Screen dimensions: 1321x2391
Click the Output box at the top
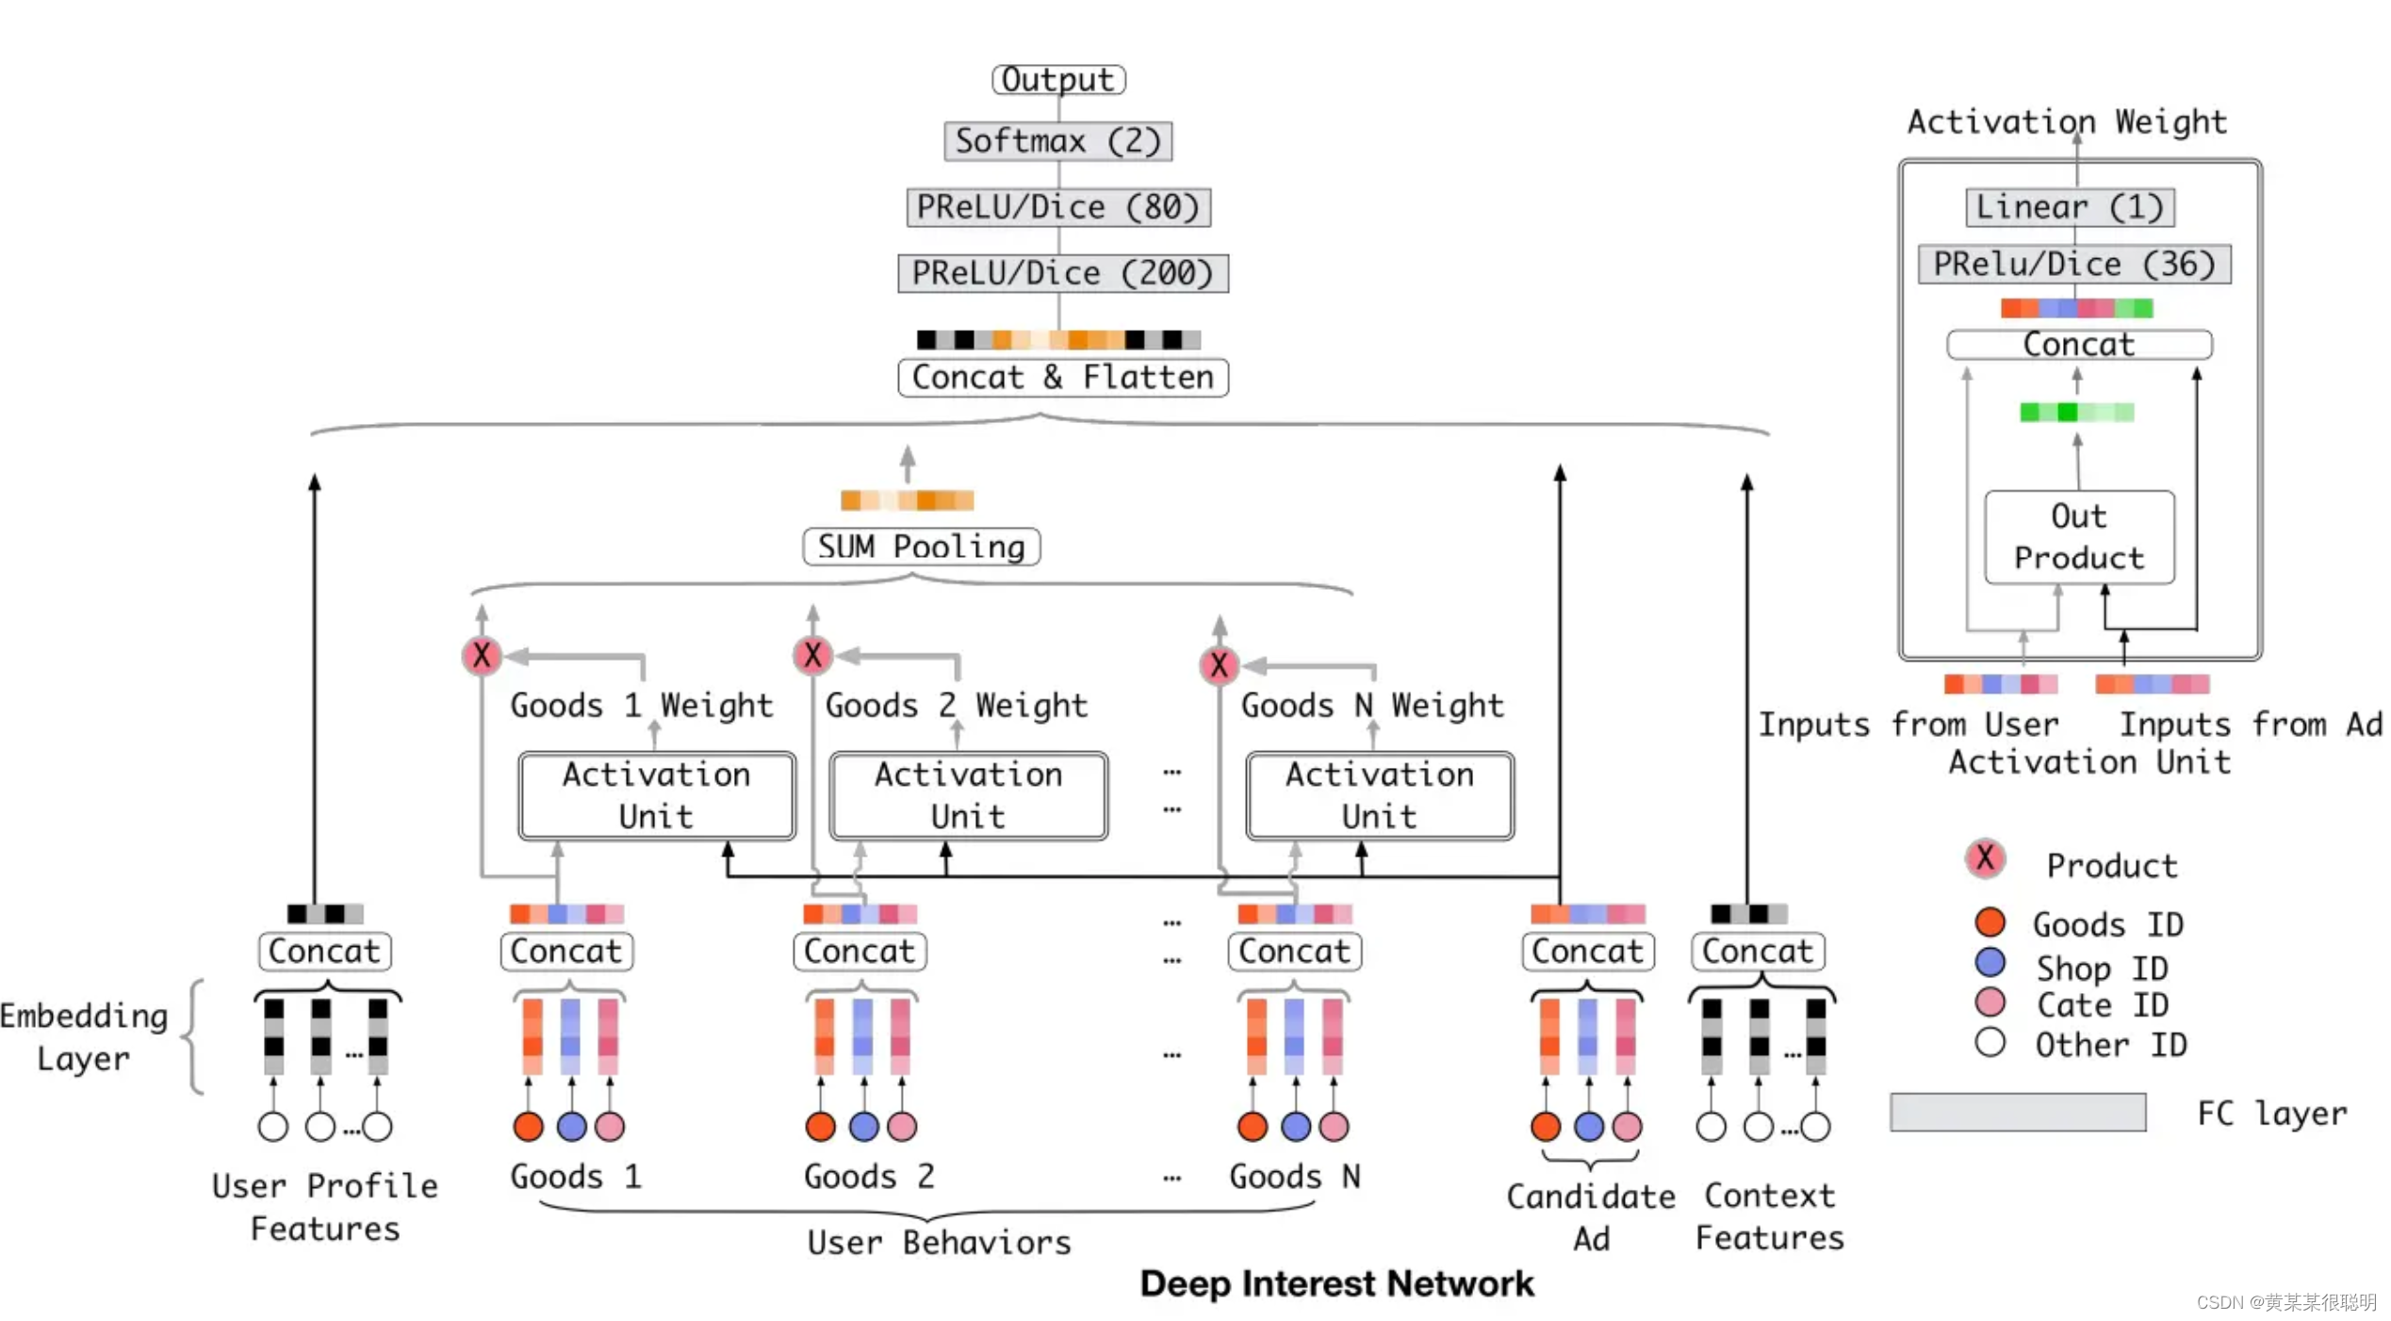pyautogui.click(x=1057, y=79)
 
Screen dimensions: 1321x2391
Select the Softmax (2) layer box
pyautogui.click(x=1057, y=141)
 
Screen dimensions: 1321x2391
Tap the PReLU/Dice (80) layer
pyautogui.click(x=1057, y=207)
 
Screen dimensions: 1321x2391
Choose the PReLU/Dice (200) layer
pyautogui.click(x=1062, y=273)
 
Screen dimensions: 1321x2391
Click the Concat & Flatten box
pyautogui.click(x=1062, y=378)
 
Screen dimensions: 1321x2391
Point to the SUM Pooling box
pyautogui.click(x=921, y=546)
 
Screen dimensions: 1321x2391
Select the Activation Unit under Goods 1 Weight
pyautogui.click(x=656, y=795)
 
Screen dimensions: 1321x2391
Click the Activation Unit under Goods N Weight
pyautogui.click(x=1379, y=795)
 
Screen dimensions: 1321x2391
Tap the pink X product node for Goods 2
pyautogui.click(x=812, y=655)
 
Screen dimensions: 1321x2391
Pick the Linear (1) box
pyautogui.click(x=2069, y=207)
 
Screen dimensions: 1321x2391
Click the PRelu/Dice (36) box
pyautogui.click(x=2073, y=264)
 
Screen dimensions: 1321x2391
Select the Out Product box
pyautogui.click(x=2078, y=537)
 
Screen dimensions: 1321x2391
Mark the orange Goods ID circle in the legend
pyautogui.click(x=1990, y=921)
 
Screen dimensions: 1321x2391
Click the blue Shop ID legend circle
pyautogui.click(x=1990, y=962)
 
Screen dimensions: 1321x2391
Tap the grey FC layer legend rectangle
pyautogui.click(x=2017, y=1112)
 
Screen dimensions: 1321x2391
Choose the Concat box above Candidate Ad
pyautogui.click(x=1587, y=952)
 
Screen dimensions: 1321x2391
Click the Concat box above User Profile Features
pyautogui.click(x=324, y=952)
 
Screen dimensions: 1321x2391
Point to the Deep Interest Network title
pyautogui.click(x=1336, y=1284)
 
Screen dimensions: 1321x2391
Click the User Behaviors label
pyautogui.click(x=939, y=1243)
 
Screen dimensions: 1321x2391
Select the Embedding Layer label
pyautogui.click(x=84, y=1036)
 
